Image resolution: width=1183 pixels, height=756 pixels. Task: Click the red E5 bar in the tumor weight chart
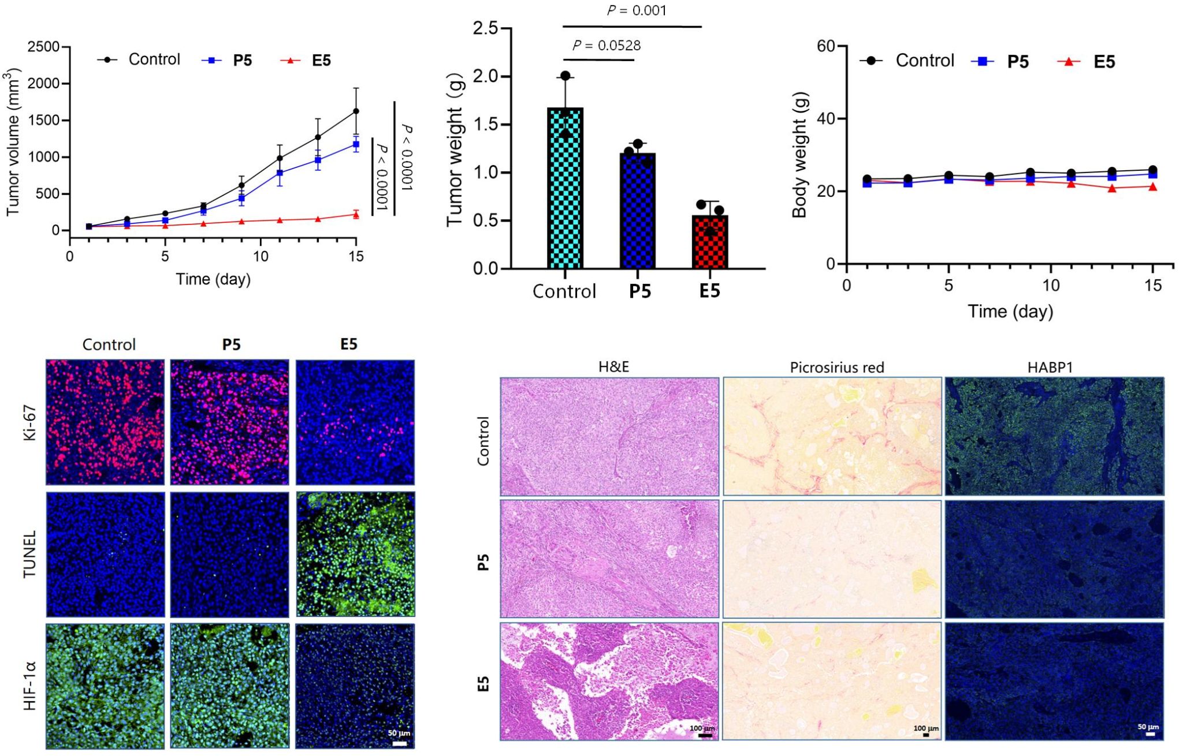709,242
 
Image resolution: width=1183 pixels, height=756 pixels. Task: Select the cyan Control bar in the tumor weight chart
565,190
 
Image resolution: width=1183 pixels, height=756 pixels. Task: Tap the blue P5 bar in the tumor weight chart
637,211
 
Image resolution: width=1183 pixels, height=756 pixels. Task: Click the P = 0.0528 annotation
607,46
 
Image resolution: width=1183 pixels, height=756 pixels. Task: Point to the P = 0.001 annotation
636,10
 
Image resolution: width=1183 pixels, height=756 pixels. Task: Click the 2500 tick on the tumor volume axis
43,47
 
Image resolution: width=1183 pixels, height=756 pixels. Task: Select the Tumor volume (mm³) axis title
13,141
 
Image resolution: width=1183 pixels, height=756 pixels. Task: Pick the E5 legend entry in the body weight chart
1087,62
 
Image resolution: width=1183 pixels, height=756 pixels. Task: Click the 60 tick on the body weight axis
827,46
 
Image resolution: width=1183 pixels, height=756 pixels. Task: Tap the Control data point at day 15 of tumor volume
356,111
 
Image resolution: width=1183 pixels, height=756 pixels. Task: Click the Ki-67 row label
30,422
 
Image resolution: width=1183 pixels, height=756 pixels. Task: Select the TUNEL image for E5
355,554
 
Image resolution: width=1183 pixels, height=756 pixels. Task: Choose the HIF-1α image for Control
105,686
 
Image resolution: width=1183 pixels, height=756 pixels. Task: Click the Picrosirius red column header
836,368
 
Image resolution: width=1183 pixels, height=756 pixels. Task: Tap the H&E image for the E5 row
609,681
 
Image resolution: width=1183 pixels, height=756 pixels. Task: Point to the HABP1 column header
1050,368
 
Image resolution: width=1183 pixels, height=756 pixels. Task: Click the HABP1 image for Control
1054,436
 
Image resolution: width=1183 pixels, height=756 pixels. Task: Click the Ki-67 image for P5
229,422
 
